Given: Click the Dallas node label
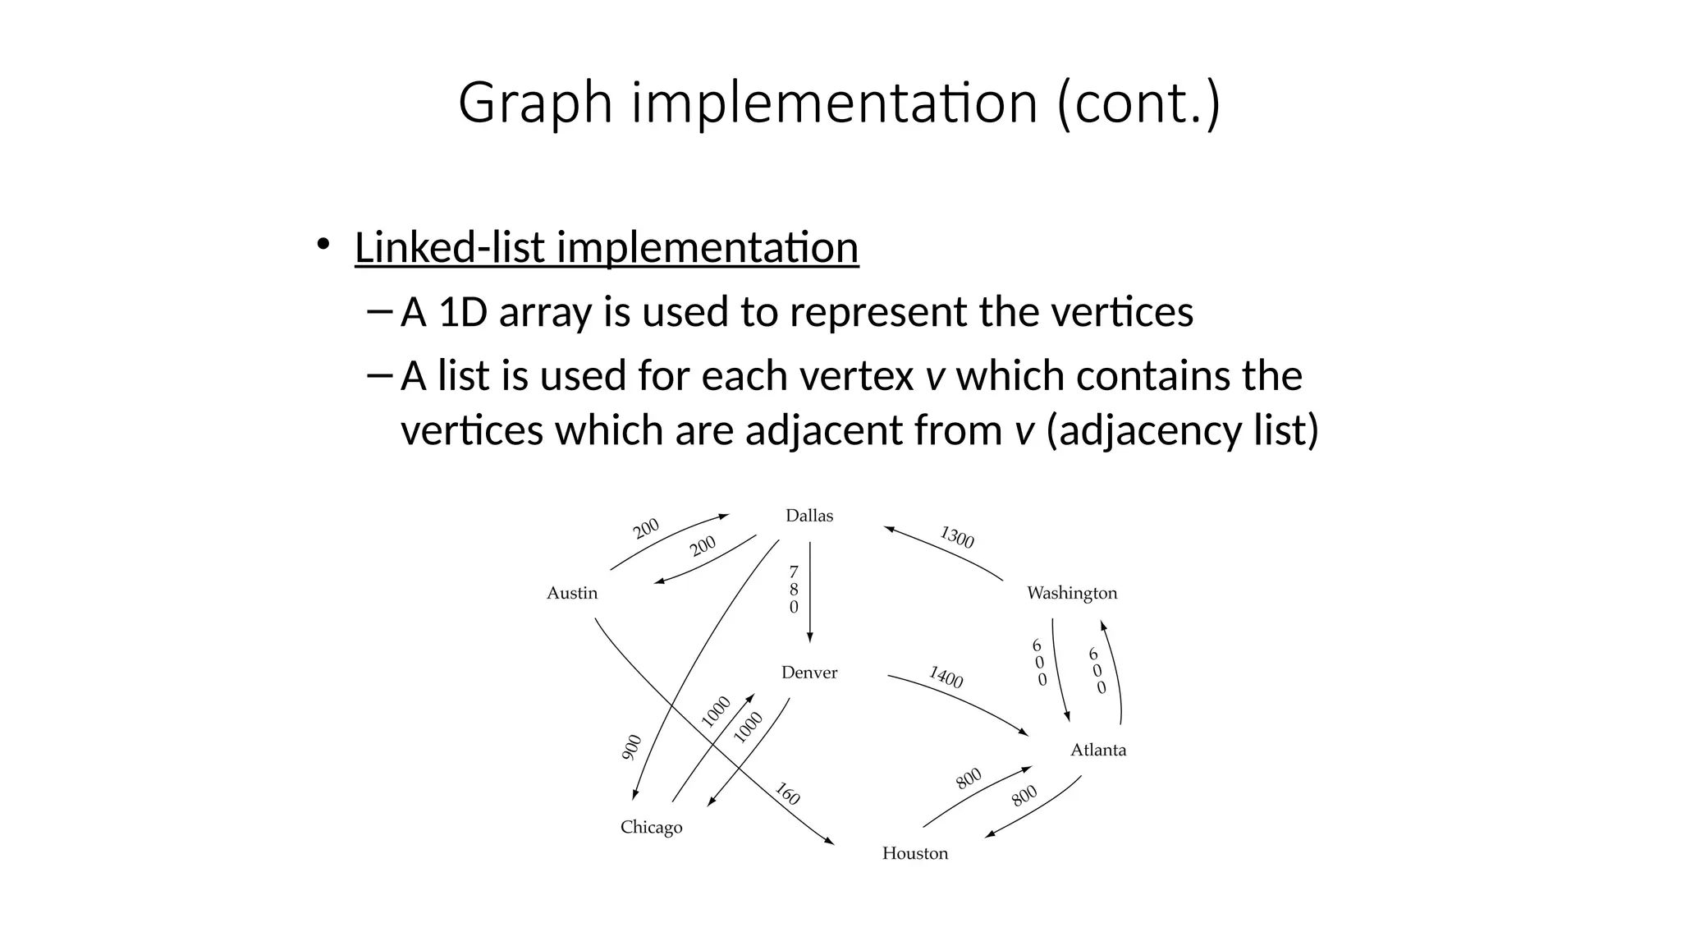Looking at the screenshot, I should point(809,516).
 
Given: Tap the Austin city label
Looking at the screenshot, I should point(572,593).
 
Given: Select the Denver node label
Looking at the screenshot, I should point(809,673).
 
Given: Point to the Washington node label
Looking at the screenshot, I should point(1072,593).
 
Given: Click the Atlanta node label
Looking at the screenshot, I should point(1098,750).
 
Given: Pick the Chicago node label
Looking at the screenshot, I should point(651,827).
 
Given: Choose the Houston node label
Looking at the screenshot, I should point(915,853).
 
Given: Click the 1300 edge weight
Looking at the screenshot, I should point(957,538).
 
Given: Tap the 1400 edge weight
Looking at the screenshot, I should point(946,677).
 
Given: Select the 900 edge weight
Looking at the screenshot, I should point(631,747).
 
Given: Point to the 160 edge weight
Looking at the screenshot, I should point(787,794).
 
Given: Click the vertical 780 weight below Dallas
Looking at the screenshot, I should point(794,590).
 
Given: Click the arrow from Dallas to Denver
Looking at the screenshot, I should point(810,591).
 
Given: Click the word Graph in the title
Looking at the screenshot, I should point(535,103).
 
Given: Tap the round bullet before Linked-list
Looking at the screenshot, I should point(323,244).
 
